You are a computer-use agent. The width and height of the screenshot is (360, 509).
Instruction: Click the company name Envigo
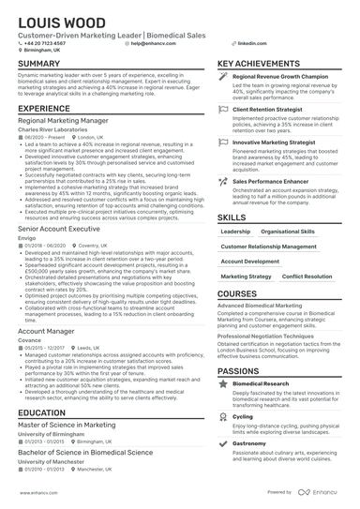point(25,237)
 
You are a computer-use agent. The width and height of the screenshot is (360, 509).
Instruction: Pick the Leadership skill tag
point(235,231)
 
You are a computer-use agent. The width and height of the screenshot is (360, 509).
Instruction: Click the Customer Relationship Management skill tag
point(269,246)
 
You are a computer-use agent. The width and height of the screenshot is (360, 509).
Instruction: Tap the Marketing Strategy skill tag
point(246,277)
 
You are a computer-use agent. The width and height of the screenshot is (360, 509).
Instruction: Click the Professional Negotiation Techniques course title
point(265,335)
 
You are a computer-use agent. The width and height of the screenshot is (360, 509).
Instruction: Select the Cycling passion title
point(242,416)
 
